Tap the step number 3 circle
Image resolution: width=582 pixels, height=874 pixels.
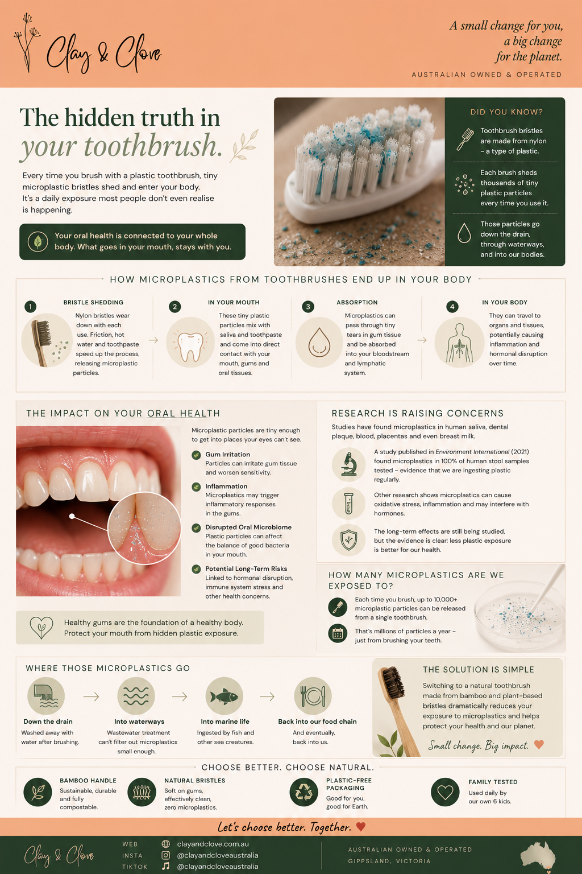click(308, 307)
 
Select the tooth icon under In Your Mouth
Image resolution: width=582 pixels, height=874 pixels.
click(190, 342)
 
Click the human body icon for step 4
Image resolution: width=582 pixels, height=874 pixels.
click(459, 342)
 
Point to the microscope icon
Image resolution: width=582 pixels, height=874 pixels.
click(348, 464)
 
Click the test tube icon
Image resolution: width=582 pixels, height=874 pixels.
click(348, 504)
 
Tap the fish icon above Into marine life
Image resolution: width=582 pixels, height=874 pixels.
click(224, 696)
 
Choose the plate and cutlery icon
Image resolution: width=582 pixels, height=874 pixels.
click(313, 696)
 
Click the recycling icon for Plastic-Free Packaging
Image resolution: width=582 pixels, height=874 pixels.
click(304, 791)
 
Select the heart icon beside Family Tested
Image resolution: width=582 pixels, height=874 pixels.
click(445, 791)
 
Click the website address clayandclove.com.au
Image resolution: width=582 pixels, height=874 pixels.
click(213, 844)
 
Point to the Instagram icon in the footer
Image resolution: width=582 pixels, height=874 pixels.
click(165, 855)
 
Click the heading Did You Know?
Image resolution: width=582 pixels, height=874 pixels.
click(506, 112)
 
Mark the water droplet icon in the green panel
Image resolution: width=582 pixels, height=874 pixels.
click(464, 233)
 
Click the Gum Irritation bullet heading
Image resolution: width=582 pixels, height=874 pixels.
click(228, 454)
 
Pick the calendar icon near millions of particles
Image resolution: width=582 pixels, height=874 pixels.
click(338, 633)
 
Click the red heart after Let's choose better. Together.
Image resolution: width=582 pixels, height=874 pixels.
click(361, 826)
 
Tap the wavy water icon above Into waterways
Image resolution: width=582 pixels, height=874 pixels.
click(136, 696)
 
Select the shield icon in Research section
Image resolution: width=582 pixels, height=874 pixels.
click(348, 540)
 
